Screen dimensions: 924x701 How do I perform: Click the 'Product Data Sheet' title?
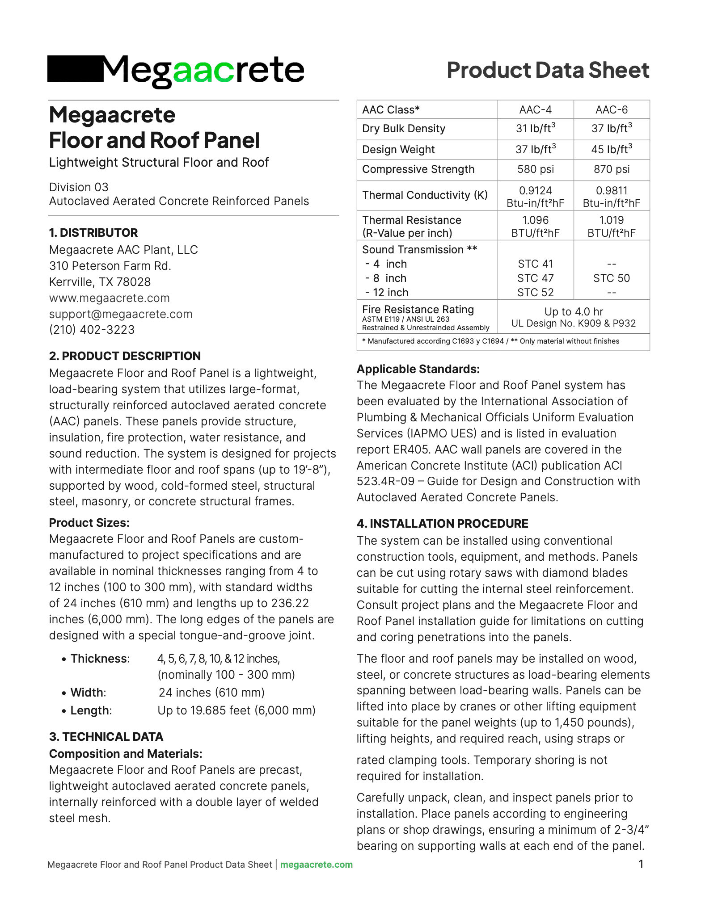point(548,70)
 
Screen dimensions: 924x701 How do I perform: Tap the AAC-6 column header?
point(611,110)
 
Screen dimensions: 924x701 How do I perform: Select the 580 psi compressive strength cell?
point(535,169)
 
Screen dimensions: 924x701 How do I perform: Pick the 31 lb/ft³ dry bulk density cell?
point(535,129)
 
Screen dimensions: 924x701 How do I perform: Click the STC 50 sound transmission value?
point(611,278)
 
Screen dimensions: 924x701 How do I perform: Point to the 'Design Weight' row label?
point(398,150)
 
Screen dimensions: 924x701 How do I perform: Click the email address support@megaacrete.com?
point(121,314)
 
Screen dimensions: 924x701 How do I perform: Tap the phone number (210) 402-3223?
point(92,330)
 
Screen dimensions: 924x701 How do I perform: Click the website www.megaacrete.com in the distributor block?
point(110,298)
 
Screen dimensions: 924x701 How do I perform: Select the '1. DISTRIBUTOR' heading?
point(93,233)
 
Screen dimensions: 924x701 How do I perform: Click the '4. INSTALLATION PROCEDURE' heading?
point(442,524)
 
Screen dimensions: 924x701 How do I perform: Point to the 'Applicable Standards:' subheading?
point(418,369)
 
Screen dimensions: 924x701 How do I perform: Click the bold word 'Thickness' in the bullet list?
point(99,659)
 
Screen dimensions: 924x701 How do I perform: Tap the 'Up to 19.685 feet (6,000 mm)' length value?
point(236,710)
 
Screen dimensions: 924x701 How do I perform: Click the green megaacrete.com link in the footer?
point(317,865)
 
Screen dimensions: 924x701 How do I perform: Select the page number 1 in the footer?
point(641,864)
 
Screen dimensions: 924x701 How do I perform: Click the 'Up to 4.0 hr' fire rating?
point(574,311)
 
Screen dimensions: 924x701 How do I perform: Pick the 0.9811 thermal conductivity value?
point(611,191)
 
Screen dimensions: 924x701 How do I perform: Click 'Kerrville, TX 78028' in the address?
point(100,282)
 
